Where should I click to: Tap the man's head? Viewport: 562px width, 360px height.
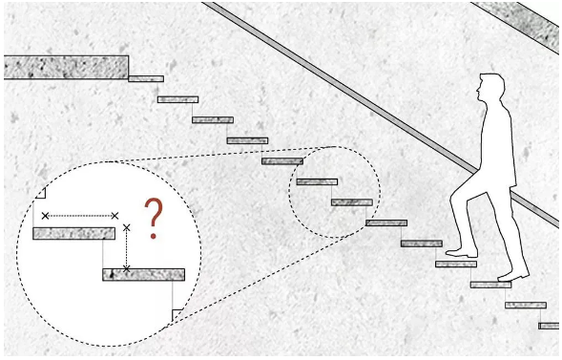(x=490, y=88)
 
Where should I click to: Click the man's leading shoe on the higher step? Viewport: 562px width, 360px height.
(x=461, y=253)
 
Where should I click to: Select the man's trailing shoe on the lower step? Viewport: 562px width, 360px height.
(x=513, y=276)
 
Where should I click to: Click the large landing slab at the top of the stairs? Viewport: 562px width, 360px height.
(x=66, y=67)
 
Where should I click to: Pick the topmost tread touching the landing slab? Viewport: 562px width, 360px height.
(x=146, y=79)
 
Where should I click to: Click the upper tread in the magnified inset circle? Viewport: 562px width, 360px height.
(x=73, y=233)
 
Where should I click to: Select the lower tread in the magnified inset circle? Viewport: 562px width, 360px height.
(x=144, y=275)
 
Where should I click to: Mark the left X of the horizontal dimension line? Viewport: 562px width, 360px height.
(x=45, y=216)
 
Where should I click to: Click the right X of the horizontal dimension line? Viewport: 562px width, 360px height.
(x=114, y=216)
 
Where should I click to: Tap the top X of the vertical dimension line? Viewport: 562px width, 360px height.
(x=126, y=227)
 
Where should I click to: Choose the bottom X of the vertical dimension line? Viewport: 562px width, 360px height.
(x=126, y=268)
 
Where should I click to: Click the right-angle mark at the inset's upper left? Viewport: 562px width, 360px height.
(x=40, y=194)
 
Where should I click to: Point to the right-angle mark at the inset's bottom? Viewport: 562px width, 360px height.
(x=177, y=314)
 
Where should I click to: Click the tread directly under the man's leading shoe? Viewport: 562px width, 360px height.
(x=456, y=265)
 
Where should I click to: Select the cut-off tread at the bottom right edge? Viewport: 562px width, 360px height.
(x=549, y=326)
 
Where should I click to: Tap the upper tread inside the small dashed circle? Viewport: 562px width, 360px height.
(x=317, y=182)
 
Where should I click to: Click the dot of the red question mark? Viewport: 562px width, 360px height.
(x=154, y=236)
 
